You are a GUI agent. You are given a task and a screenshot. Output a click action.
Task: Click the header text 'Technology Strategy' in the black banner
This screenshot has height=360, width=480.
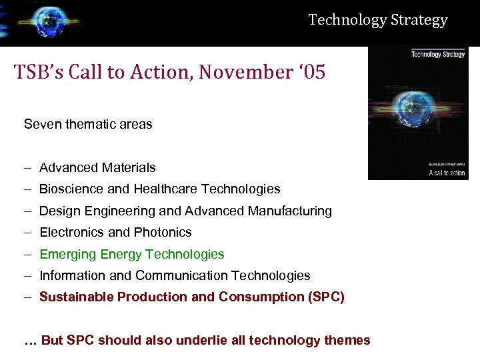(x=378, y=20)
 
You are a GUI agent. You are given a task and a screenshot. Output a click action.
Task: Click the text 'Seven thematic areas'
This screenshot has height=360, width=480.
(x=88, y=124)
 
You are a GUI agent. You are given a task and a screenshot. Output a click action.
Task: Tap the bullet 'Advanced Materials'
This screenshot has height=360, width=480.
(x=97, y=167)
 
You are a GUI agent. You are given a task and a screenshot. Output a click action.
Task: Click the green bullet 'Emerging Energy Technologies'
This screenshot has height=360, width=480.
(x=132, y=254)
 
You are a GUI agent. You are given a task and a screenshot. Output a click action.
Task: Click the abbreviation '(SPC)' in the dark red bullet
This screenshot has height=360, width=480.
(x=326, y=297)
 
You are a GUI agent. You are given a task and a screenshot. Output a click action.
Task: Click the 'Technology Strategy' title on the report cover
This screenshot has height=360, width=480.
(x=438, y=54)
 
